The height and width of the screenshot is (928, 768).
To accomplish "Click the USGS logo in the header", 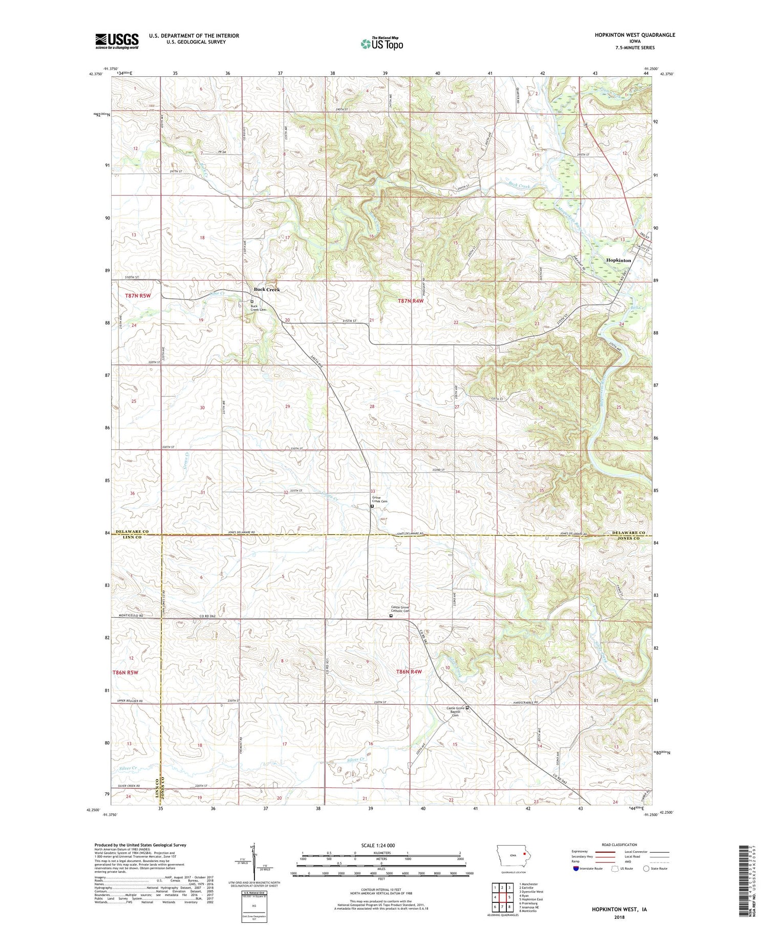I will click(x=117, y=40).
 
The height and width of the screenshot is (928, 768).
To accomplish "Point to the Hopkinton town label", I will click(x=618, y=261).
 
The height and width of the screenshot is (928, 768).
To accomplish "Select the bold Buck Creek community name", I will click(x=267, y=290).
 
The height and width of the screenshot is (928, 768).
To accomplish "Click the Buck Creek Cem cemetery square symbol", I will click(x=252, y=302).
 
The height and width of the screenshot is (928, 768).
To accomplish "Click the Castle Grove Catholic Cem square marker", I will click(x=391, y=616).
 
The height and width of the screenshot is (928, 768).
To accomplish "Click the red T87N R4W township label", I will click(x=411, y=301).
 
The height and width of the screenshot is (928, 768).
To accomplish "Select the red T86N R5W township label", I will click(x=125, y=672).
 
